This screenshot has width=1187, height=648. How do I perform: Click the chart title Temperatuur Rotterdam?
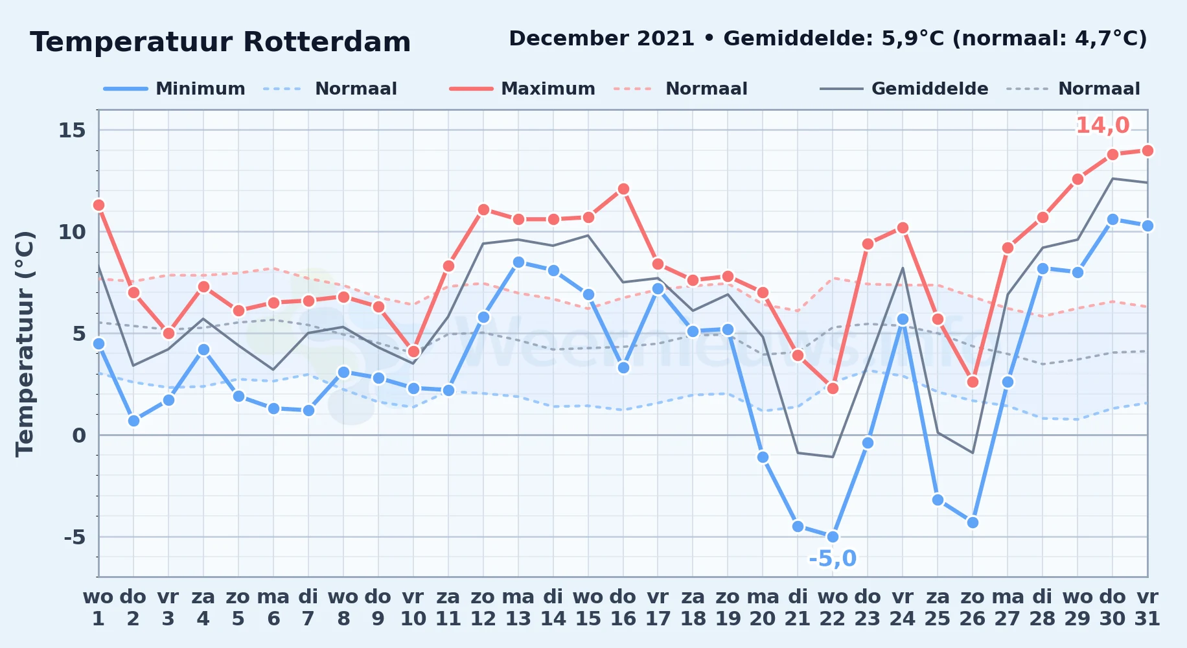(220, 43)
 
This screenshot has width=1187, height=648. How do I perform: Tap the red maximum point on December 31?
(1147, 150)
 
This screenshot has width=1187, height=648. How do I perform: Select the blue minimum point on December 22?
(833, 537)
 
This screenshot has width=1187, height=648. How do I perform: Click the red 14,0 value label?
(1103, 125)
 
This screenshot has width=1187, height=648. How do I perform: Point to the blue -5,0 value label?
(833, 559)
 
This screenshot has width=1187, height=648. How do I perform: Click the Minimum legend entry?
(175, 89)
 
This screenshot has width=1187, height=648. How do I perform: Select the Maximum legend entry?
(522, 89)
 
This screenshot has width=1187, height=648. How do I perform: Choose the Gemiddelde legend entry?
(905, 89)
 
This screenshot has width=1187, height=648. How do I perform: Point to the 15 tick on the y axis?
(72, 130)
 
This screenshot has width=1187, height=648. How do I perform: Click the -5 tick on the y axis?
(75, 537)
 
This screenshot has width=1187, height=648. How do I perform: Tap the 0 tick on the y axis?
(79, 435)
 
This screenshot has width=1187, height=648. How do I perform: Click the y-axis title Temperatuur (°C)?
(25, 343)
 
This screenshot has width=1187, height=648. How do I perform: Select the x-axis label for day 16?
(623, 608)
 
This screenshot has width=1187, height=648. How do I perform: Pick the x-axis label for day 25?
(938, 608)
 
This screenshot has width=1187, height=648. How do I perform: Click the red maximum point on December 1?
(98, 205)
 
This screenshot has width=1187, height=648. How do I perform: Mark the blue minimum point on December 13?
(518, 262)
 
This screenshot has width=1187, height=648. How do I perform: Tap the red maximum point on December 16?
(623, 189)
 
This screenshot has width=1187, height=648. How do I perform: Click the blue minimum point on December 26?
(973, 522)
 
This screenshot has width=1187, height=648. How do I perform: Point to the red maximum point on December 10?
(413, 351)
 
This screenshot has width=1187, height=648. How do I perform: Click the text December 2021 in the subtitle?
(602, 39)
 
